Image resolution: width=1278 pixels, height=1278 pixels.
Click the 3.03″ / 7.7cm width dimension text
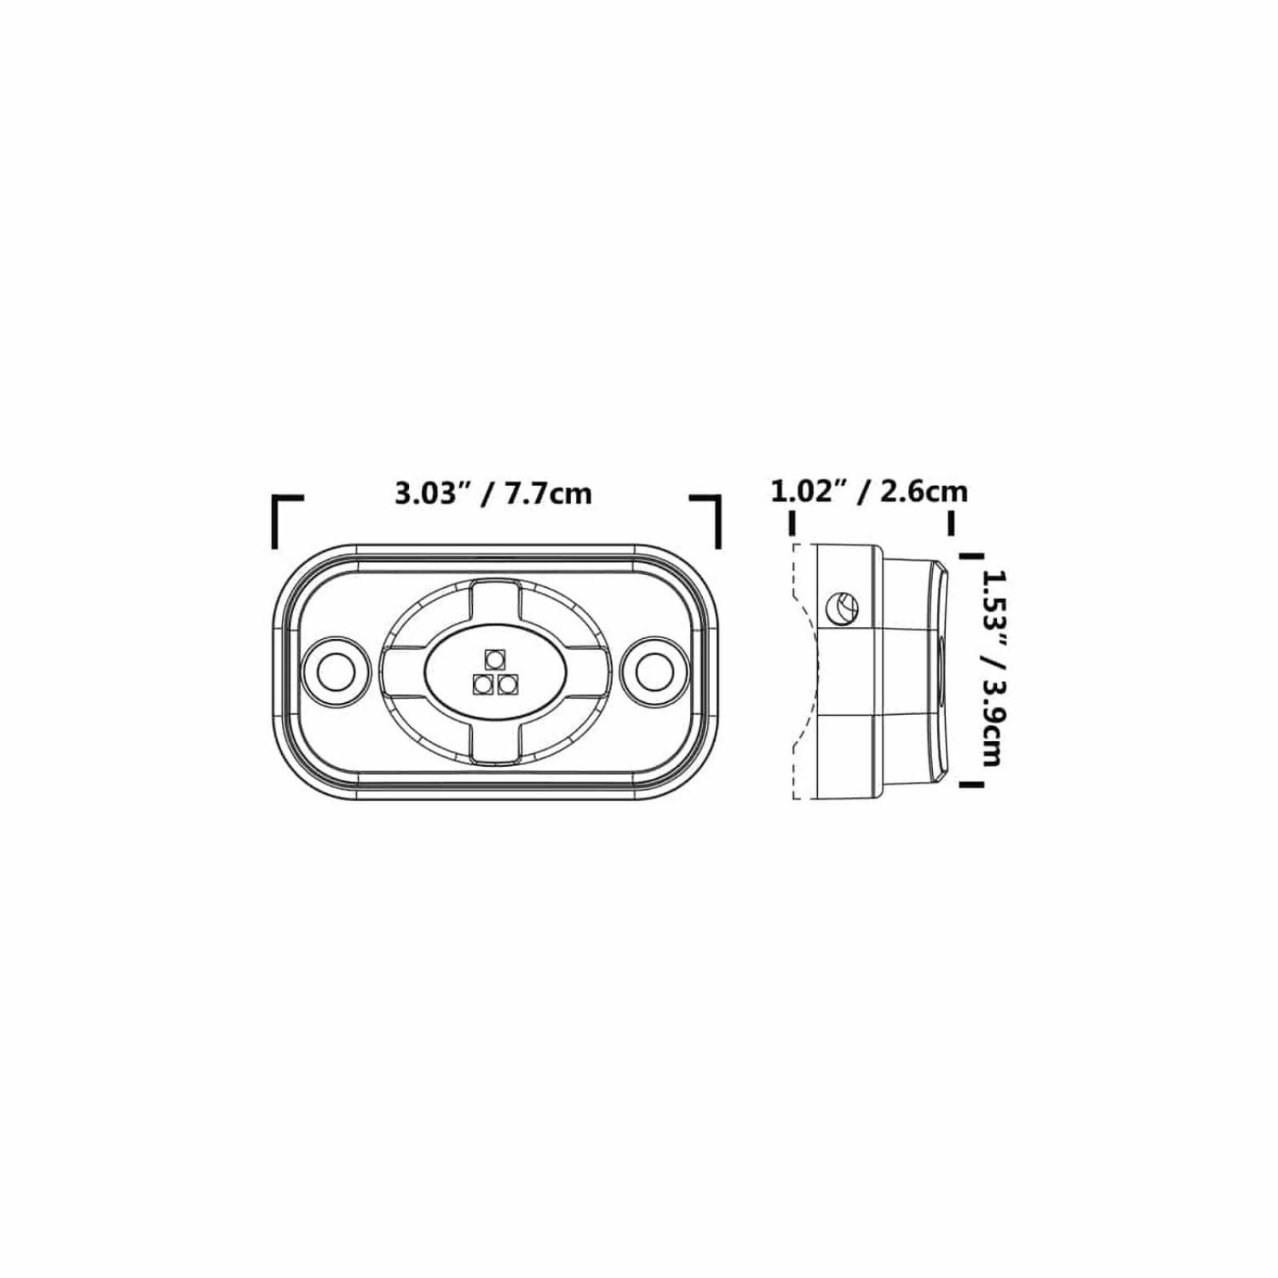pyautogui.click(x=493, y=493)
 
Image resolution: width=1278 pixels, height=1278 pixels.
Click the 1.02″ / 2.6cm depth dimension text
pyautogui.click(x=868, y=491)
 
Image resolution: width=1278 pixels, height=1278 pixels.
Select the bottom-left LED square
pyautogui.click(x=482, y=685)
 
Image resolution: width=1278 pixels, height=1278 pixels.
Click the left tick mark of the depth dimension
pyautogui.click(x=792, y=523)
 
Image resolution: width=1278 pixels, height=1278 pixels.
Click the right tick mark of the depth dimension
pyautogui.click(x=951, y=523)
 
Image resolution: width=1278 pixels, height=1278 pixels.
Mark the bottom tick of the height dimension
pyautogui.click(x=970, y=784)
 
